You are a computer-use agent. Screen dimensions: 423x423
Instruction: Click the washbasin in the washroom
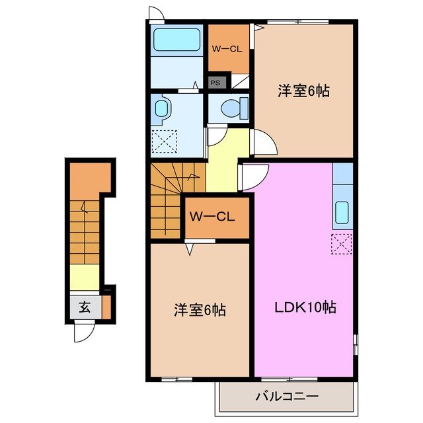coord(161,108)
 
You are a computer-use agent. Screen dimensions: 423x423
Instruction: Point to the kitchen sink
coord(342,211)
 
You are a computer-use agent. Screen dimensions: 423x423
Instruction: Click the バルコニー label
coord(288,397)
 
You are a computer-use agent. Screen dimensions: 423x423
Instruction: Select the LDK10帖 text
coord(305,307)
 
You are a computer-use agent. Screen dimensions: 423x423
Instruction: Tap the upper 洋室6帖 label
coord(303,92)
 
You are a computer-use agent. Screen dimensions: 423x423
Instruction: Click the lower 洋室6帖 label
coord(200,309)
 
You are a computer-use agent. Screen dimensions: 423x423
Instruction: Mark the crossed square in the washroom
coord(165,141)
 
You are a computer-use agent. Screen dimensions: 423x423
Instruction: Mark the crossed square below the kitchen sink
coord(342,244)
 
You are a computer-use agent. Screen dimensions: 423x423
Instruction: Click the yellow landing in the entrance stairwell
coord(83,277)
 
